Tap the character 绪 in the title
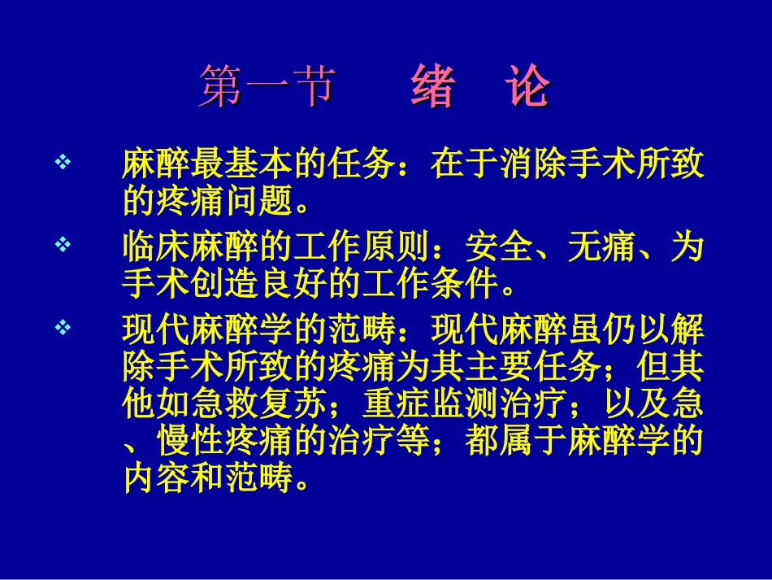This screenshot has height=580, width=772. (432, 88)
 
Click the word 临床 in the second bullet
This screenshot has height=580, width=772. (154, 247)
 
